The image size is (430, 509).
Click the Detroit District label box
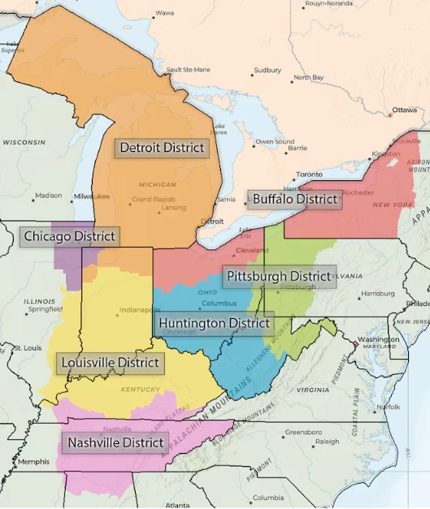point(161,148)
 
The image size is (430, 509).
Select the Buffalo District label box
point(294,199)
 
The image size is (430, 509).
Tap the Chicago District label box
point(69,236)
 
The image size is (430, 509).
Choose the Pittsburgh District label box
point(279,276)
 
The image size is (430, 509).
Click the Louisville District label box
point(109,362)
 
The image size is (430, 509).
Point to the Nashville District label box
point(116,443)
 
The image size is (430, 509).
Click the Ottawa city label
point(404,110)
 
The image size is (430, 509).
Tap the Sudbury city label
point(267,71)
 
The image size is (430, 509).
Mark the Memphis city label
point(34,462)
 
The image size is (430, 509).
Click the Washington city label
point(378,339)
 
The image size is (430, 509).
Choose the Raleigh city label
point(327,442)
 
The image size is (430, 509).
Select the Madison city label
point(48,195)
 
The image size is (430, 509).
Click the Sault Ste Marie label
point(189,70)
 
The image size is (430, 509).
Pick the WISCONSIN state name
point(24,142)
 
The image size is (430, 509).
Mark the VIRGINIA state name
point(313,390)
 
